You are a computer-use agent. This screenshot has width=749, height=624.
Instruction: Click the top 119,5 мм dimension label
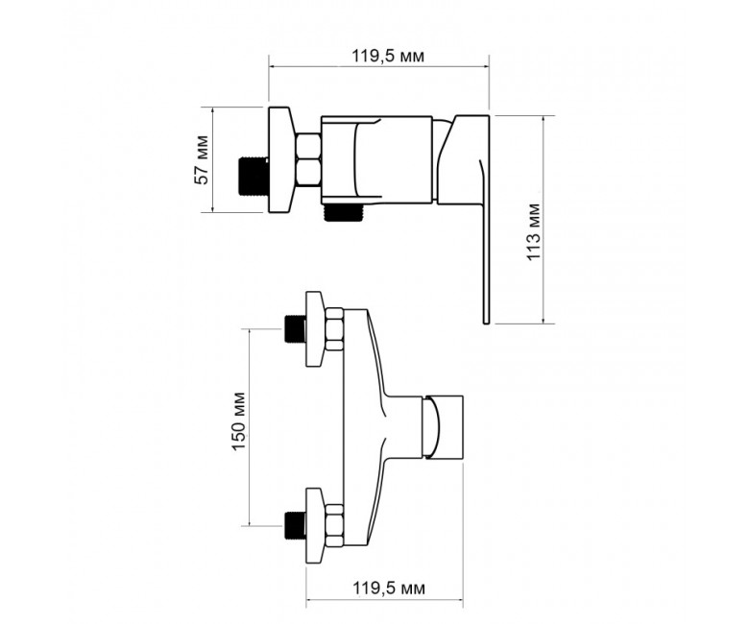tap(388, 57)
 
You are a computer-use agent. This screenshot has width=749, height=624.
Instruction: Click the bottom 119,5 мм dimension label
tap(389, 588)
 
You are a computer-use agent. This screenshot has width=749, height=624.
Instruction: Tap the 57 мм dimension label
tap(202, 160)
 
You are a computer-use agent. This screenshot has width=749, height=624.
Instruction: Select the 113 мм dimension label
tap(534, 232)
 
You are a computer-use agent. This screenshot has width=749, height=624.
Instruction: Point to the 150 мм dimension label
tap(238, 421)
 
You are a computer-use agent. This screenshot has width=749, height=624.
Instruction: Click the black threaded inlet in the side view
tap(254, 177)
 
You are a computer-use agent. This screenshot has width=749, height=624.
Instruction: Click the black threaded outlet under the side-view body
tap(343, 212)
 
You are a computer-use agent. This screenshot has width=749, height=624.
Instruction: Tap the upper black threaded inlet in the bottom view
tap(295, 329)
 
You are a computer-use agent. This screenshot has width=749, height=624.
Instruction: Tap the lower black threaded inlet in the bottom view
tap(295, 525)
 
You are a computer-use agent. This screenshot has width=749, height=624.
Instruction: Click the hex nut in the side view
tap(308, 160)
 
